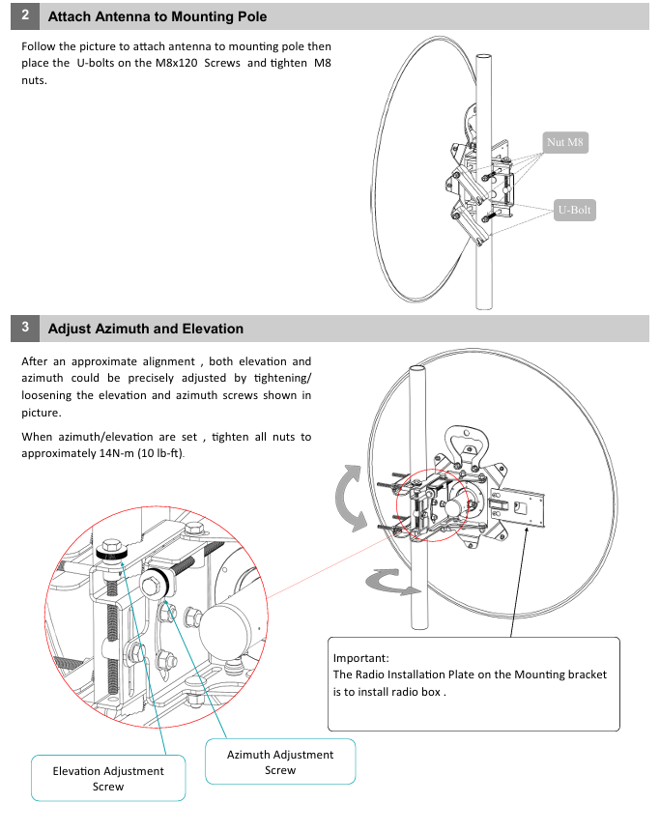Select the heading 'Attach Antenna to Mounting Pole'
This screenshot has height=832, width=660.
point(158,17)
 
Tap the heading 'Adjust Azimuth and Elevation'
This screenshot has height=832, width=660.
point(146,329)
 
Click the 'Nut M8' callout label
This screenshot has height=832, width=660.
point(565,143)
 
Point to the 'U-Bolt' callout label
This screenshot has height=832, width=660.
point(574,210)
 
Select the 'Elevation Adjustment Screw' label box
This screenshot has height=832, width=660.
point(108,778)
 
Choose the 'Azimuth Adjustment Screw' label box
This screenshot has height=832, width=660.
point(280,761)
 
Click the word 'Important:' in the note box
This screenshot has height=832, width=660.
point(360,657)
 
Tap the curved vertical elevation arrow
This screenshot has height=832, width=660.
point(349,497)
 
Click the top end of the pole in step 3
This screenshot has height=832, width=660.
point(418,370)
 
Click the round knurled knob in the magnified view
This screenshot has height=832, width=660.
point(157,583)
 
